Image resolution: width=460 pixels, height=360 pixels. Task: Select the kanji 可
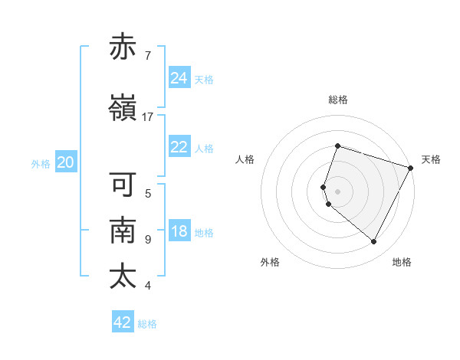pos(123,185)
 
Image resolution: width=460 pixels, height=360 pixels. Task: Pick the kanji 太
pos(123,277)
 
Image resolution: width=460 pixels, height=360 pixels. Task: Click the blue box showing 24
pos(179,78)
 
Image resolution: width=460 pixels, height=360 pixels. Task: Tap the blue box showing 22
pos(179,147)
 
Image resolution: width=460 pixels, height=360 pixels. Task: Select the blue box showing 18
pos(179,231)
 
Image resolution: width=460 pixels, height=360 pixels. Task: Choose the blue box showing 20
pos(66,162)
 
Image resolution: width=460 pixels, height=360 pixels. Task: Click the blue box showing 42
pos(123,322)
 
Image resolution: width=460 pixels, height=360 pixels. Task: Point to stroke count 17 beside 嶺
pos(148,117)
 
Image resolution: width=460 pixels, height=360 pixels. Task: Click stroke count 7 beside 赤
pos(148,56)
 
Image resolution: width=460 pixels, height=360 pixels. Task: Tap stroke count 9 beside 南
pos(148,240)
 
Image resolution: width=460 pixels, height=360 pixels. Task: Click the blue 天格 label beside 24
pos(204,79)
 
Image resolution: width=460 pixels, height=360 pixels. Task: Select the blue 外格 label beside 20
pos(41,163)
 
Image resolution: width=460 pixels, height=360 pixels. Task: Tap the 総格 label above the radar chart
pos(338,100)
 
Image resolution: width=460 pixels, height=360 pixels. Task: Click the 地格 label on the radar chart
pos(402,262)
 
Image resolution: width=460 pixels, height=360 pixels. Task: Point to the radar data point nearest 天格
pos(410,168)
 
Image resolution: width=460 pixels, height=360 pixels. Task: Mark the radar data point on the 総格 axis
pos(337,146)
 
